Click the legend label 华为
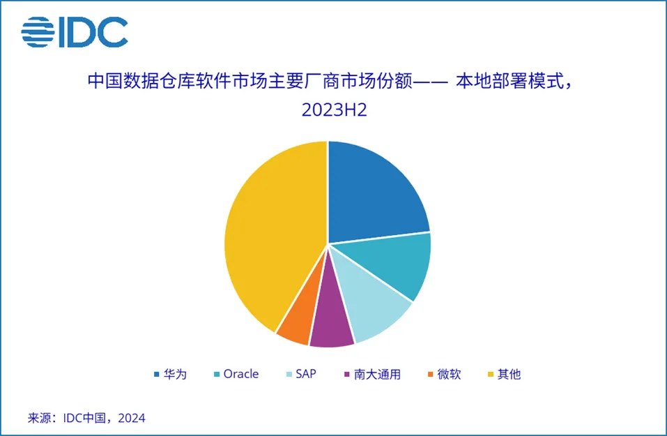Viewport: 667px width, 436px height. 175,374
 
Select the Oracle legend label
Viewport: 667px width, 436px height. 241,374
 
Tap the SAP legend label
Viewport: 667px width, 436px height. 306,374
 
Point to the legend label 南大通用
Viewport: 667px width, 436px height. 377,374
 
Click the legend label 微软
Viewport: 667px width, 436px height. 450,374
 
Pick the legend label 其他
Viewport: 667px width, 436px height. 509,374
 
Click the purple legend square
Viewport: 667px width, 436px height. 346,374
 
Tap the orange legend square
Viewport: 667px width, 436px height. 430,374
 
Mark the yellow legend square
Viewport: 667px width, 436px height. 490,374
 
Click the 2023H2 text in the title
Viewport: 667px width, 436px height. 334,110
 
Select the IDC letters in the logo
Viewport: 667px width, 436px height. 93,32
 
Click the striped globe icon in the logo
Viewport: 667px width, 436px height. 38,32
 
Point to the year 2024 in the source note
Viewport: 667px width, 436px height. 132,418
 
